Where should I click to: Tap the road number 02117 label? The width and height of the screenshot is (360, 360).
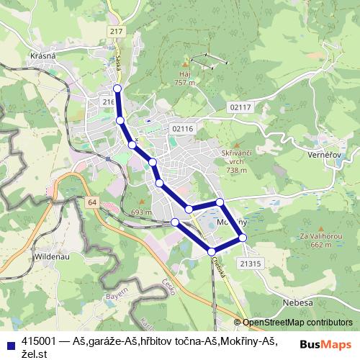(x=241, y=107)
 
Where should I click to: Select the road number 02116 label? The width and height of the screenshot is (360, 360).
(x=184, y=128)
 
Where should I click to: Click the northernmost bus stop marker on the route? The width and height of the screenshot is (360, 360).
(x=118, y=89)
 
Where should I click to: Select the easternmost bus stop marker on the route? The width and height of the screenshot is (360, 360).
(x=243, y=237)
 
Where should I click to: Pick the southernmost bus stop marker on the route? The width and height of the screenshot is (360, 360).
(x=212, y=251)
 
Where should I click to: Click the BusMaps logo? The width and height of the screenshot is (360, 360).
(x=325, y=343)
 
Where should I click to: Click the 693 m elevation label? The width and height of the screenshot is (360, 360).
(x=142, y=212)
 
